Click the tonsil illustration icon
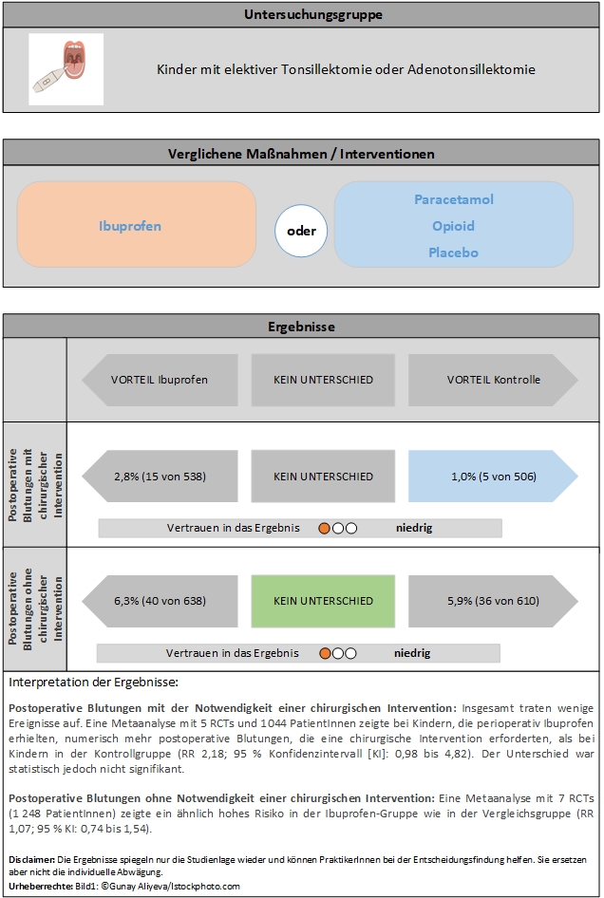point(66,68)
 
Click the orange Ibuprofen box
point(136,226)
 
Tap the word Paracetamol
point(453,199)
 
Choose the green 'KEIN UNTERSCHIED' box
point(323,601)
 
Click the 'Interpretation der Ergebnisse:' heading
point(92,682)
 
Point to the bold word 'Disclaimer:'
point(26,858)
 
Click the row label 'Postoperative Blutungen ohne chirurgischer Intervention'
point(34,609)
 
